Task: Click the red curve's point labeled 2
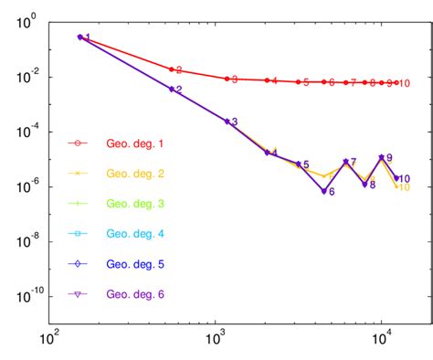171,69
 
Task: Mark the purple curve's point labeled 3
227,122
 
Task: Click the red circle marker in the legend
78,143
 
